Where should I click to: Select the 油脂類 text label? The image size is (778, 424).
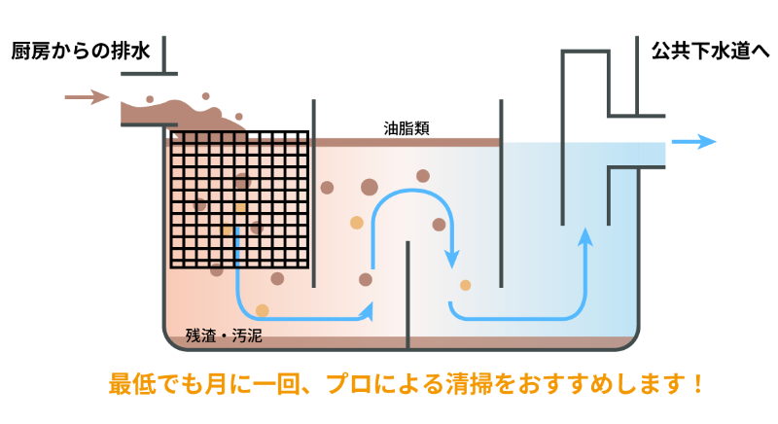[x=407, y=126]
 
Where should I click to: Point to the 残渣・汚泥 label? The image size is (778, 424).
[x=224, y=336]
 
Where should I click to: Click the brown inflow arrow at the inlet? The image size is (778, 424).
[x=87, y=96]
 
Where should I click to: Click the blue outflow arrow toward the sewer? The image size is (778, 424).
[x=694, y=142]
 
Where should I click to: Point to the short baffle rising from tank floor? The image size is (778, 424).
[x=407, y=292]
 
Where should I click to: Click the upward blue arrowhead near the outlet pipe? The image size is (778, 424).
[x=584, y=236]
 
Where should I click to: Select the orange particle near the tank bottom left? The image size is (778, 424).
[x=262, y=310]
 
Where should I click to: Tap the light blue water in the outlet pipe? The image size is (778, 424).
[x=637, y=153]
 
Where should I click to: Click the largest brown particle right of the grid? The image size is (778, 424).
[x=370, y=187]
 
